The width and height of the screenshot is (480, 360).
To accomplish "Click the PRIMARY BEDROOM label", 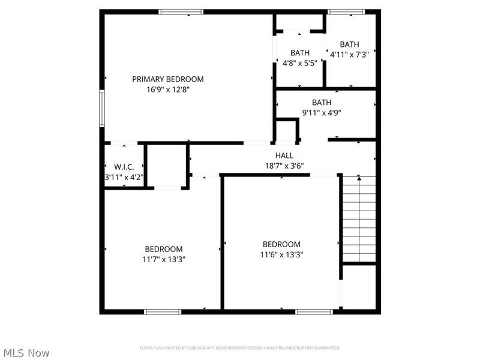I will (x=167, y=79).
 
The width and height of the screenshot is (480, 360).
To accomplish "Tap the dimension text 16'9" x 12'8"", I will (x=167, y=89).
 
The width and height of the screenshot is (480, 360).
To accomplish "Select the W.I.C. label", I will (x=124, y=166).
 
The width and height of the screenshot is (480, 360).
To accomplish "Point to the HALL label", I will (x=284, y=155).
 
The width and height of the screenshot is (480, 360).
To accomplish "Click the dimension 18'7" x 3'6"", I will (x=284, y=166).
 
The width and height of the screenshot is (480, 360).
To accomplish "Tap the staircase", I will (x=359, y=219).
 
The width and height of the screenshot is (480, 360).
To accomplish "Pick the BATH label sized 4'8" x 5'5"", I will (x=299, y=52).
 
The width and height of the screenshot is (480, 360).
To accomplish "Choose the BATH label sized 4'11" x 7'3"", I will (x=349, y=44).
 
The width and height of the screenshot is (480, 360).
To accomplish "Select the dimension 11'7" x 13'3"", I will (x=163, y=259).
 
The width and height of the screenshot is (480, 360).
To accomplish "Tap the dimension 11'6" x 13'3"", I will (x=281, y=254).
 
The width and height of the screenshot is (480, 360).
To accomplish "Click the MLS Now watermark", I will (x=26, y=353).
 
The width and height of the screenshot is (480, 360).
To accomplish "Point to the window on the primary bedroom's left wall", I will (x=102, y=108).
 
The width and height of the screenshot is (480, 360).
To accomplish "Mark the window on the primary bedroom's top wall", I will (x=181, y=12).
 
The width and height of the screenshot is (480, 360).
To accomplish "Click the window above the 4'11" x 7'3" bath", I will (x=347, y=12).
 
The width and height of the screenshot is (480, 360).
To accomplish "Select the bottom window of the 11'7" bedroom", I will (x=163, y=311).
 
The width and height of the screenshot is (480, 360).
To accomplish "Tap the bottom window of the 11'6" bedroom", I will (x=314, y=311).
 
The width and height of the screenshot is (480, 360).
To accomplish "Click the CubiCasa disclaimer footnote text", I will (x=240, y=348).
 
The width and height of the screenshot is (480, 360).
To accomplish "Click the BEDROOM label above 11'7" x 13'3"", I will (x=163, y=249).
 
